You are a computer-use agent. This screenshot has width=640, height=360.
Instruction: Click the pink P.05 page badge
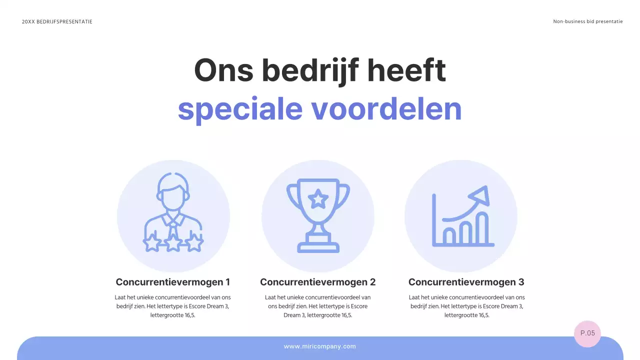coord(587,333)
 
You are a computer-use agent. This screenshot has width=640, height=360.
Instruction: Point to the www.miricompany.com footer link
coord(320,346)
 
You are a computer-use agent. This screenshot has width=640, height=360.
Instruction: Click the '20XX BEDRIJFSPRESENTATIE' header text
coord(57,21)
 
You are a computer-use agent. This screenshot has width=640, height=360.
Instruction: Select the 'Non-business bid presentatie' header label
coord(588,21)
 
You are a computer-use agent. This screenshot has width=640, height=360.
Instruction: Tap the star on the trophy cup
coord(318,199)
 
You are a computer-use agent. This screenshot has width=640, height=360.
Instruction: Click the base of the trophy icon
coord(318,246)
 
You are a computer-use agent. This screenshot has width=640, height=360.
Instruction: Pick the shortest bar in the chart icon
coord(449,235)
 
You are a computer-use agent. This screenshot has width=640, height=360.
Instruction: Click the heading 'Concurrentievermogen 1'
coord(173,282)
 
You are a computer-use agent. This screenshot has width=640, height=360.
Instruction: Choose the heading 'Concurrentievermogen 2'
coord(318,282)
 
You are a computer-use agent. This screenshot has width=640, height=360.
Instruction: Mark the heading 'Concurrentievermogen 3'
coord(466,282)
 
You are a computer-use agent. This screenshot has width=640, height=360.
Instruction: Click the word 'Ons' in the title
coord(223,70)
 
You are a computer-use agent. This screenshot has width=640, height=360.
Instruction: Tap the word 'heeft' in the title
coord(406,70)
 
